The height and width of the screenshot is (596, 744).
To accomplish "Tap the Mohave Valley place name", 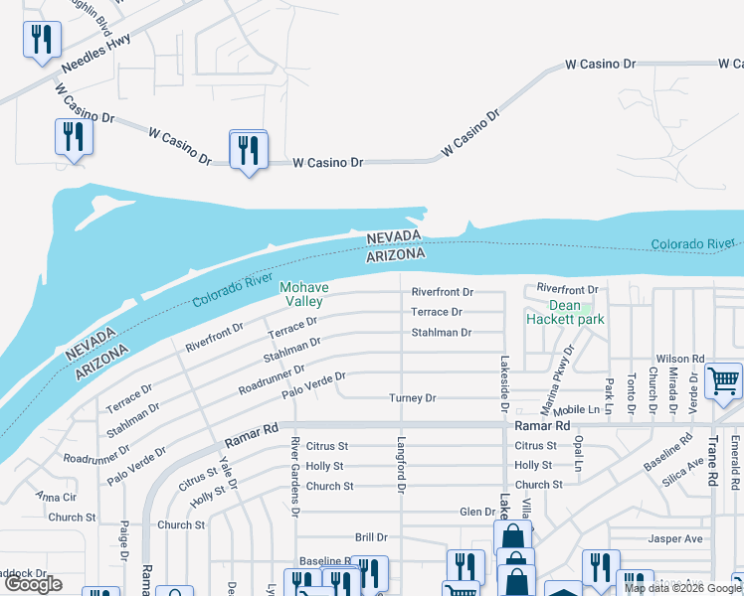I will [303, 294].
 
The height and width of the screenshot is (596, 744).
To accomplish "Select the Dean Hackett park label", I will [564, 313].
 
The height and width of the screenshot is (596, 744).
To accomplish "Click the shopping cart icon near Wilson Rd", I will [723, 380].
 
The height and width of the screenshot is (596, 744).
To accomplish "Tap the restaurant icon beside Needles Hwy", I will [41, 41].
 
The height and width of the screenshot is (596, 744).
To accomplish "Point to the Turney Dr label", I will [412, 398].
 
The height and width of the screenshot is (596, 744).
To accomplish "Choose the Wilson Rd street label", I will [679, 359].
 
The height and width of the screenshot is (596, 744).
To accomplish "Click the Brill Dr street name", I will [368, 537].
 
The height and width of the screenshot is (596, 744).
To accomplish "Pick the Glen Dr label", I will [476, 513].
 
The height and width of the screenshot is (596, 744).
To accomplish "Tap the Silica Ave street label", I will [682, 470].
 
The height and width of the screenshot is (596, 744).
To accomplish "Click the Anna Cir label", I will [55, 496].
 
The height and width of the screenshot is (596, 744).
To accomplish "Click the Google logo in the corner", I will [34, 584].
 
